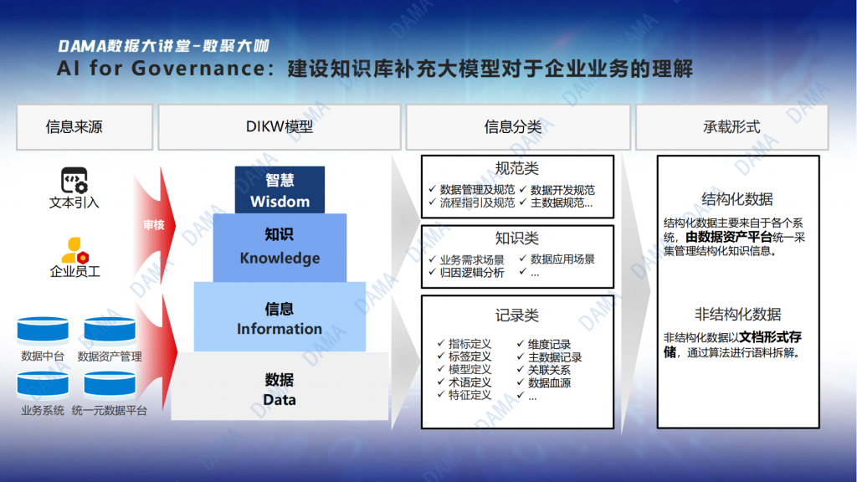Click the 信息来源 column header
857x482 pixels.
click(x=85, y=127)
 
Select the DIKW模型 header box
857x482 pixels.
click(x=280, y=127)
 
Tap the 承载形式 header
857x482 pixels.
click(x=731, y=127)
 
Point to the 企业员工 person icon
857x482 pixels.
click(x=74, y=250)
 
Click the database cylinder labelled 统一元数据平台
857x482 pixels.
click(x=110, y=385)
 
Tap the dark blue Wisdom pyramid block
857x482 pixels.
click(x=280, y=190)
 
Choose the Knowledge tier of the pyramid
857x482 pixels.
click(x=280, y=248)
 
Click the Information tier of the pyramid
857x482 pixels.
click(x=280, y=317)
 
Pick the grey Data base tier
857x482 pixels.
click(x=280, y=387)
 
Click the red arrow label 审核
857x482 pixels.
click(x=154, y=224)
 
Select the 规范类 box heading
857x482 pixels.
click(x=517, y=168)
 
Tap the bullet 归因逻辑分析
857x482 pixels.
click(x=472, y=272)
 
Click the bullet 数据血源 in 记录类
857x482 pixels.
click(x=549, y=382)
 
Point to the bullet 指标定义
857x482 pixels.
click(x=470, y=344)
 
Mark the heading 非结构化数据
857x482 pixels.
click(x=738, y=315)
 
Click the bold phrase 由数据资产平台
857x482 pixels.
click(x=729, y=237)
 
